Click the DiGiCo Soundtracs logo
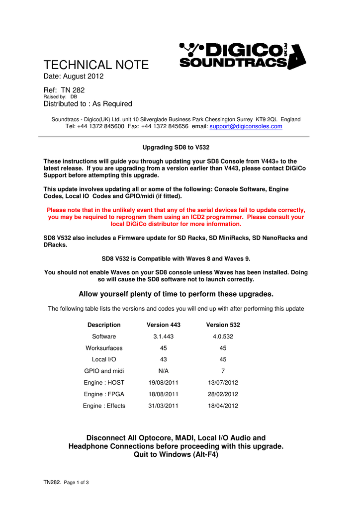(x=242, y=56)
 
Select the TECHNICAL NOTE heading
(x=96, y=65)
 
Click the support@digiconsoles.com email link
(x=246, y=127)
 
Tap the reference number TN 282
(x=73, y=90)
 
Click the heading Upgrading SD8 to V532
(x=176, y=148)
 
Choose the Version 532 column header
(x=223, y=325)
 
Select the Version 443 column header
(x=163, y=325)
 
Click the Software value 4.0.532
(x=223, y=337)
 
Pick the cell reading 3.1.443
(x=163, y=337)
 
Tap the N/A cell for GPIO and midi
(x=163, y=371)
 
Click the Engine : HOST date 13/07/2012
(x=223, y=383)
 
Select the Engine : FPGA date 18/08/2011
(x=163, y=394)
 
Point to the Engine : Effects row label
(x=104, y=406)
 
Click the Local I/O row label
(x=104, y=359)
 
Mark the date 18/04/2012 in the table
(x=223, y=406)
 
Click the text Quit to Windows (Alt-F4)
(x=176, y=455)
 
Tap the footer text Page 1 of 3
(x=76, y=483)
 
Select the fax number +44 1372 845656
(x=165, y=127)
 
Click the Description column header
(x=104, y=325)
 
